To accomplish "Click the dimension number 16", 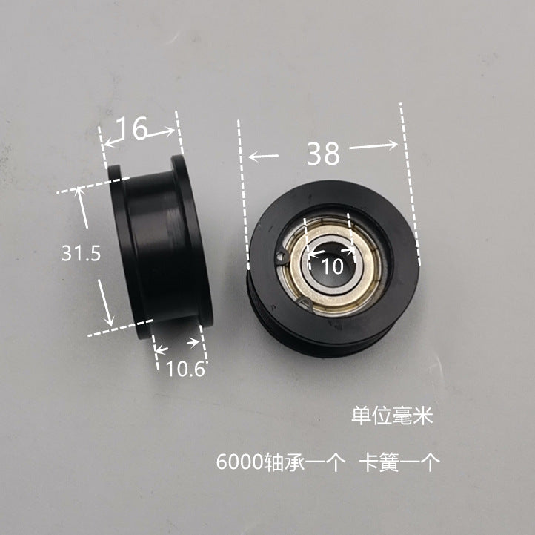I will (x=132, y=129).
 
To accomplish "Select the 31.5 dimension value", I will (x=81, y=254).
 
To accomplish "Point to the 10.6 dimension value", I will (x=185, y=368).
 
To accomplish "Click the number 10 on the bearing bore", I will (x=333, y=266).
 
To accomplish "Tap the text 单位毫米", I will (x=391, y=417).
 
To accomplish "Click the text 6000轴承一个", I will (x=281, y=464).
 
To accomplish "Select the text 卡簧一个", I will (x=399, y=464).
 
